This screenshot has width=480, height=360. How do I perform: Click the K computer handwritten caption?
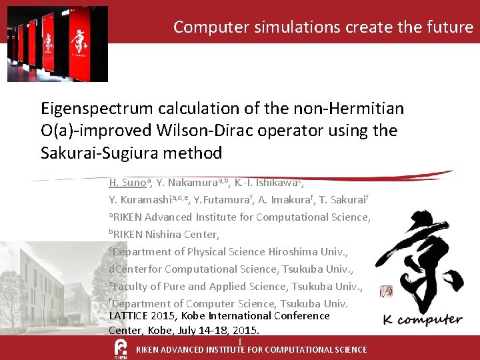pyautogui.click(x=423, y=320)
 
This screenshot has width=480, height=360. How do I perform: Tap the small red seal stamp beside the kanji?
pyautogui.click(x=386, y=291)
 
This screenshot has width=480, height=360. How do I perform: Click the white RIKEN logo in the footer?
pyautogui.click(x=121, y=349)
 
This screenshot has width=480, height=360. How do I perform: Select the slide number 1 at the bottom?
pyautogui.click(x=239, y=343)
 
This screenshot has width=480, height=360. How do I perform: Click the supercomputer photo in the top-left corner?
pyautogui.click(x=57, y=44)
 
